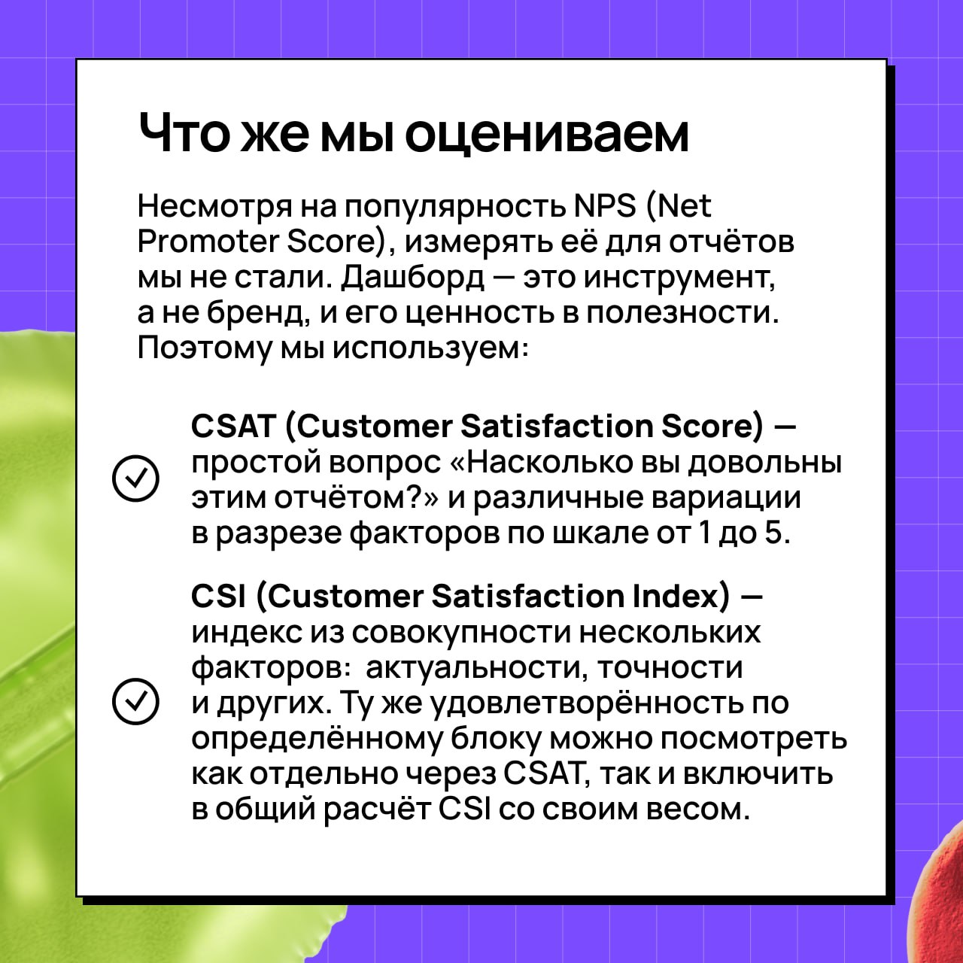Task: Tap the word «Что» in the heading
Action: point(186,132)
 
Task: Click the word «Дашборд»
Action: point(413,279)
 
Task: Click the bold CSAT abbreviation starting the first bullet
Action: point(233,427)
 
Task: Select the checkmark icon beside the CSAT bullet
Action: point(135,478)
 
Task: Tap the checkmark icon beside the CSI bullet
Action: point(135,702)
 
